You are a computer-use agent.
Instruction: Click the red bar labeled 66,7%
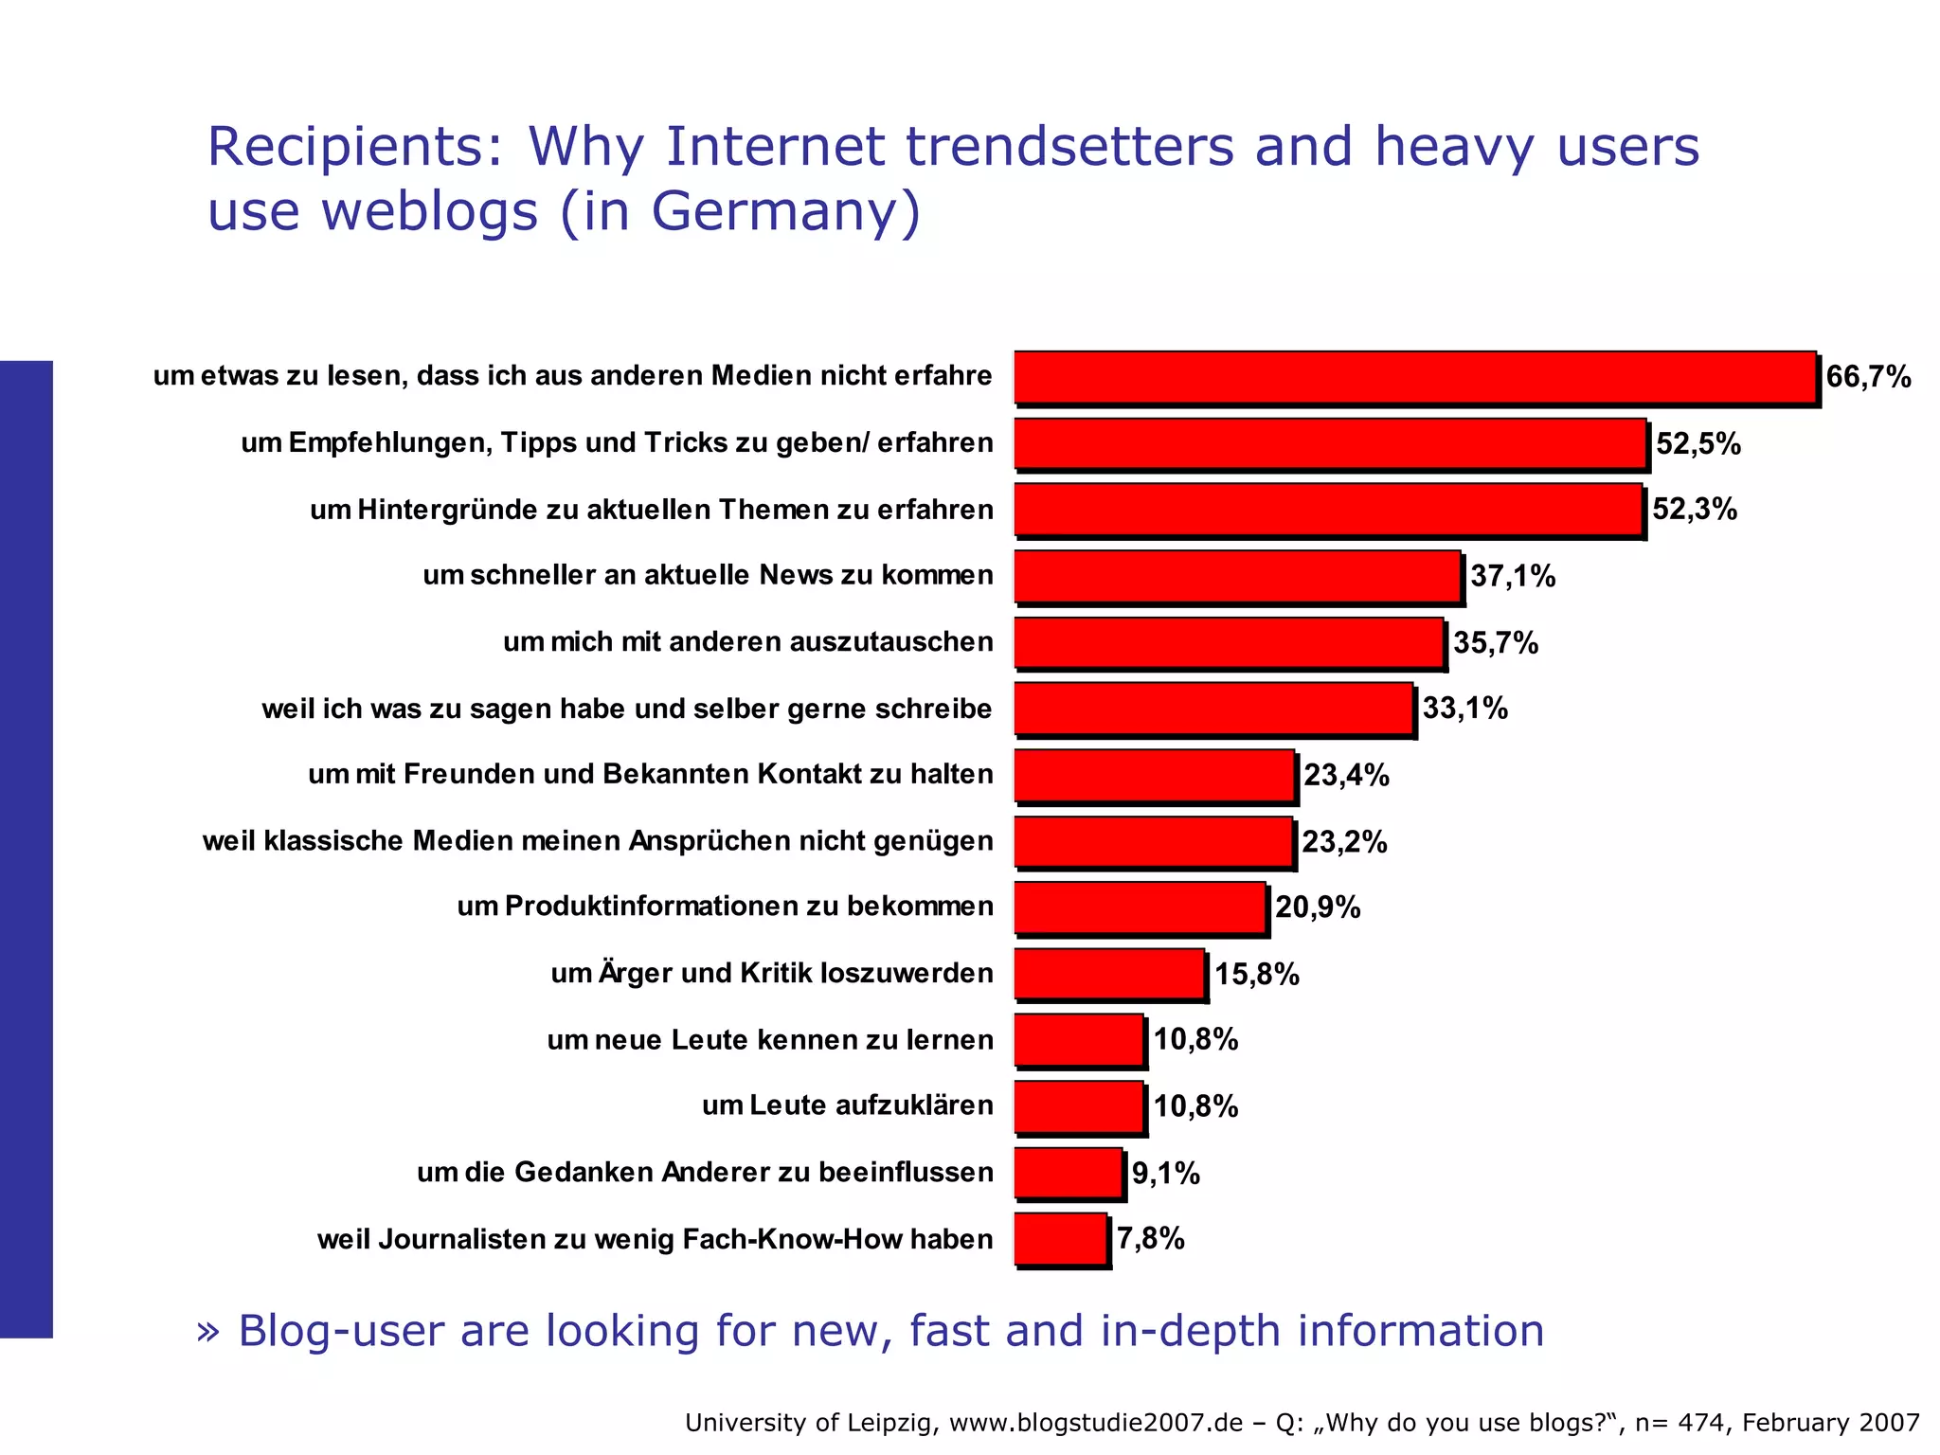pos(1415,377)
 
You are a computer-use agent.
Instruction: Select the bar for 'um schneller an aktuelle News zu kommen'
pos(1237,576)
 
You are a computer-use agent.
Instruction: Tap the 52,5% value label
pos(1698,443)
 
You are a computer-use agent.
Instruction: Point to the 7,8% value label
pos(1150,1238)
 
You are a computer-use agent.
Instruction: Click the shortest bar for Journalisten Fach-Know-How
pos(1061,1239)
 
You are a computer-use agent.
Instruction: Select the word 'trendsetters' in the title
pos(1070,147)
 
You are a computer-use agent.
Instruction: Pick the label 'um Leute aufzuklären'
pos(847,1105)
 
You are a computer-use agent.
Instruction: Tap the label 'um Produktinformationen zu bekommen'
pos(725,907)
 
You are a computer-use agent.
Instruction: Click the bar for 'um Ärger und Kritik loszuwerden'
pos(1109,974)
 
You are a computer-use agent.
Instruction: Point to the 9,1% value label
pos(1165,1174)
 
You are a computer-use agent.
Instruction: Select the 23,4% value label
pos(1346,775)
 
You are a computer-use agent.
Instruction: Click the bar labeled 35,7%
pos(1229,643)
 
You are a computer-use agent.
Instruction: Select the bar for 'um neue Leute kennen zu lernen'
pos(1079,1040)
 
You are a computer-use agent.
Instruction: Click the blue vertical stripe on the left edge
pos(26,849)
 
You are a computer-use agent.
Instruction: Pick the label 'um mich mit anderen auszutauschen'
pos(747,642)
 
